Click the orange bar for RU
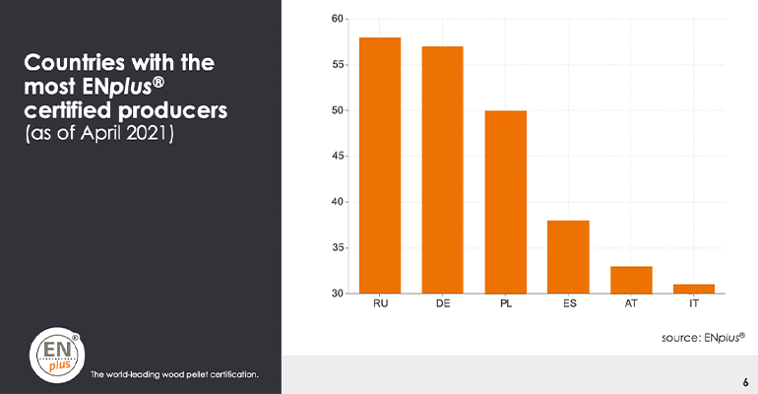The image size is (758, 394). pyautogui.click(x=380, y=165)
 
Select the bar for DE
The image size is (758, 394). pyautogui.click(x=443, y=169)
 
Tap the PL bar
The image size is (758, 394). pyautogui.click(x=506, y=202)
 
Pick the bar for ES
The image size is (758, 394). pyautogui.click(x=569, y=257)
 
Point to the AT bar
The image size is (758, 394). pyautogui.click(x=631, y=280)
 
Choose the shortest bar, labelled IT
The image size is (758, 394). pyautogui.click(x=694, y=289)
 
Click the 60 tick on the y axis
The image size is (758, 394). pyautogui.click(x=337, y=19)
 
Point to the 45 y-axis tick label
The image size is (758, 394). pyautogui.click(x=337, y=156)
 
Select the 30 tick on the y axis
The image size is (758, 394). pyautogui.click(x=337, y=294)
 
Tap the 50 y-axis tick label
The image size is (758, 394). pyautogui.click(x=337, y=110)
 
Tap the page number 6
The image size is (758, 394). pyautogui.click(x=744, y=380)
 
